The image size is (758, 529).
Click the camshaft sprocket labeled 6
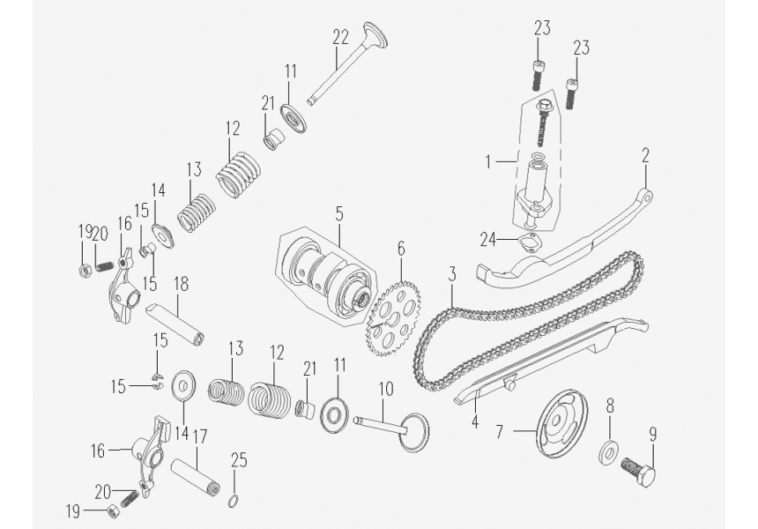tap(394, 319)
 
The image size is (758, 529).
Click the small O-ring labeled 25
tap(233, 502)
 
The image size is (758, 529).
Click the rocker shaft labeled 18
tap(175, 324)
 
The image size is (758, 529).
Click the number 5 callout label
tap(338, 213)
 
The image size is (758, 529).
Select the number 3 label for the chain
tap(451, 274)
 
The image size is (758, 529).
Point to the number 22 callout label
tap(340, 37)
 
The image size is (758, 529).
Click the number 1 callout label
tap(488, 161)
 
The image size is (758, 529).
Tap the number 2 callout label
tap(645, 155)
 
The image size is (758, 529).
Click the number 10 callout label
tap(386, 388)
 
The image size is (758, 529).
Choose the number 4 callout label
tap(475, 421)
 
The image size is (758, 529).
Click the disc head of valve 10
tap(415, 432)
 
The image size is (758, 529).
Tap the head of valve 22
tap(375, 34)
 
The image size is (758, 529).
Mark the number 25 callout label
tap(238, 460)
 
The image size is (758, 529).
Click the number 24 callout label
tap(487, 239)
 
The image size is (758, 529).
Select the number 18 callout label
tap(182, 284)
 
